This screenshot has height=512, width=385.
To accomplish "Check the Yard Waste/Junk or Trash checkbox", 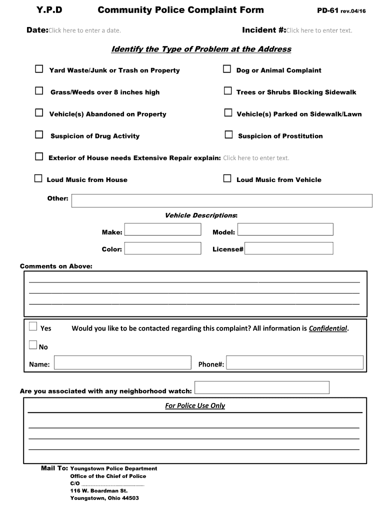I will [39, 69].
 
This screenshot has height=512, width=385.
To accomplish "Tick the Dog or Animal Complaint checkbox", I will [227, 69].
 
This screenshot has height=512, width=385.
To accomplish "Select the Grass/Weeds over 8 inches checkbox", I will [39, 91].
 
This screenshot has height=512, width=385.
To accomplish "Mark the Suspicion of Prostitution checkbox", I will [228, 134].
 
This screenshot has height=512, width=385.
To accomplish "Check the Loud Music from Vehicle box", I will [227, 178].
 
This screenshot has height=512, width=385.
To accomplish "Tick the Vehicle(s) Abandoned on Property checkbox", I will [39, 113].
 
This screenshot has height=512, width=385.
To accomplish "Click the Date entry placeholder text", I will [84, 30].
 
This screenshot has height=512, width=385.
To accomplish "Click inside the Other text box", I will [222, 200].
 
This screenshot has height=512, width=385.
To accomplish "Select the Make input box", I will [162, 229].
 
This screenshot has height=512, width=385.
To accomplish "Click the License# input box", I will [288, 248].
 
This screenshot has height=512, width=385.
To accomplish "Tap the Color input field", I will [162, 248].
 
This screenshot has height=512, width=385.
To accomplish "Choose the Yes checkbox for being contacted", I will [33, 327].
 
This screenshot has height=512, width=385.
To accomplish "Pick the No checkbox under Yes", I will [33, 345].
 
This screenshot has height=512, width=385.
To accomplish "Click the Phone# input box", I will [294, 362].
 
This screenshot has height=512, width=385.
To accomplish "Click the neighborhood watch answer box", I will [261, 387].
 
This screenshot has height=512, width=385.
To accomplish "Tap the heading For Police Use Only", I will [195, 405].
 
